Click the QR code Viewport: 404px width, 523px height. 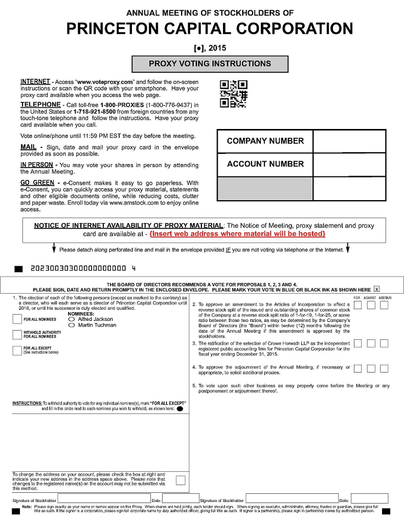click(x=233, y=94)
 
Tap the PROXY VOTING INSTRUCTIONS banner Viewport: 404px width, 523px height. click(x=210, y=64)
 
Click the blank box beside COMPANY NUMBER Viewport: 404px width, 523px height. click(x=349, y=141)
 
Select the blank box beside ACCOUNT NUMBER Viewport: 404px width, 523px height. click(x=349, y=165)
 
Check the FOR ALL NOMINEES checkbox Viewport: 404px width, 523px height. click(x=17, y=319)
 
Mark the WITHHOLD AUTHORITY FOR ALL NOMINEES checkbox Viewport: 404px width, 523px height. click(x=17, y=335)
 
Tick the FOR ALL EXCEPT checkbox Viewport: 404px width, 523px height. click(x=17, y=351)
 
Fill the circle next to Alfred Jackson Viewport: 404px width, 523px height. click(x=71, y=319)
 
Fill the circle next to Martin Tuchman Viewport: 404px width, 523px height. click(x=71, y=325)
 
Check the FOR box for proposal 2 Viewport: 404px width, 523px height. click(x=358, y=306)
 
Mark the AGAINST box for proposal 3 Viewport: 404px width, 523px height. click(x=371, y=343)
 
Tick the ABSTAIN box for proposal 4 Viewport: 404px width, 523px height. click(x=384, y=368)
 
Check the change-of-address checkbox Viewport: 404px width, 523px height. click(x=181, y=480)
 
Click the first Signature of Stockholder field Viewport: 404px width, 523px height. click(x=104, y=499)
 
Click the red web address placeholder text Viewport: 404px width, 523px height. click(x=237, y=234)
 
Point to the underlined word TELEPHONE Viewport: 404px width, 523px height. click(x=40, y=105)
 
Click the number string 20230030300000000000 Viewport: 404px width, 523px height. click(x=78, y=268)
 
